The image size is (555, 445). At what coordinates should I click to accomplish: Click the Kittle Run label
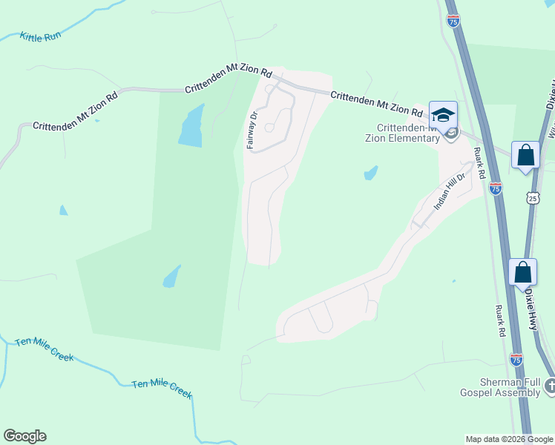[40, 36]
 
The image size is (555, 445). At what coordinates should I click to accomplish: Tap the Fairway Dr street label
[252, 130]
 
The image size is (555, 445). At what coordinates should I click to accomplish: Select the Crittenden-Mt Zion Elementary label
[402, 133]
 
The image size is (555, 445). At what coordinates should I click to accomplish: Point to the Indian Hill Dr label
[449, 191]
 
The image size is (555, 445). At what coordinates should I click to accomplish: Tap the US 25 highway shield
[533, 198]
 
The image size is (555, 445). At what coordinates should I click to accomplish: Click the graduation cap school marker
[444, 116]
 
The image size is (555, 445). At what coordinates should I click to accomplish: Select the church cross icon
[550, 386]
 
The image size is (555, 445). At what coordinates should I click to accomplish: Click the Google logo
[24, 436]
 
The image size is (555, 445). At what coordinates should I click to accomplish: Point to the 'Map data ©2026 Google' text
[510, 439]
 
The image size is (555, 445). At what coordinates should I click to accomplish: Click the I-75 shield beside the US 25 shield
[496, 188]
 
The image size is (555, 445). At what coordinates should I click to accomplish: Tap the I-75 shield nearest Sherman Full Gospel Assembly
[516, 360]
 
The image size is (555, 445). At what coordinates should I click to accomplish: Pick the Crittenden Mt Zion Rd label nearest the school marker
[376, 105]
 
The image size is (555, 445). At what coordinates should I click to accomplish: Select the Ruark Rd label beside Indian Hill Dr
[479, 164]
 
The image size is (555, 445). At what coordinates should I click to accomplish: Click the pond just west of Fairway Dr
[191, 125]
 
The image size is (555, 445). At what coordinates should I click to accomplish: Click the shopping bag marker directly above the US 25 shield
[525, 156]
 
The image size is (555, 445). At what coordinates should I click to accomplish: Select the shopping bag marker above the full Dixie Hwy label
[522, 273]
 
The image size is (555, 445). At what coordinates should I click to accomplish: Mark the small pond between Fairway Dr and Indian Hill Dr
[370, 174]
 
